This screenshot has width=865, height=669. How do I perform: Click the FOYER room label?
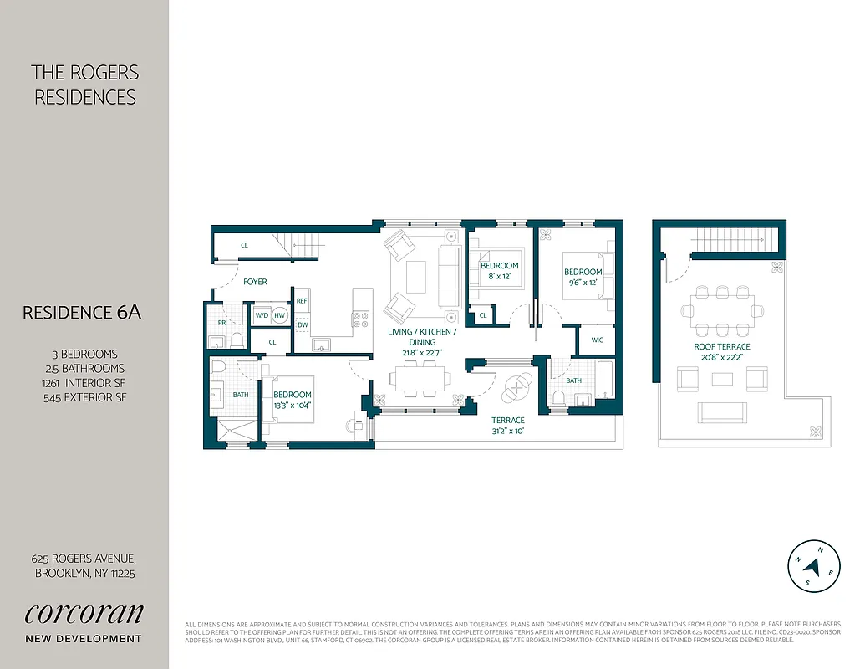[x=255, y=282]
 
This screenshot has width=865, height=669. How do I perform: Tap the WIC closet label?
[x=597, y=340]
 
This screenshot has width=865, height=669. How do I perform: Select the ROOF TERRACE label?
[x=721, y=346]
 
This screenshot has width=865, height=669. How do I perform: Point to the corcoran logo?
[x=84, y=613]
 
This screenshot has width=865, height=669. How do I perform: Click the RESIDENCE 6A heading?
[x=82, y=312]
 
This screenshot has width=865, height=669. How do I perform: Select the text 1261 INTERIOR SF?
[x=84, y=383]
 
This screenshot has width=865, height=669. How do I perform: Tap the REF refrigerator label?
[x=302, y=300]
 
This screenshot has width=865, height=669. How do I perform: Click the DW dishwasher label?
[x=302, y=324]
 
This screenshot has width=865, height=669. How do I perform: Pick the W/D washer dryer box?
[x=262, y=315]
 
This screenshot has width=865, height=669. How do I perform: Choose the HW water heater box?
[x=279, y=315]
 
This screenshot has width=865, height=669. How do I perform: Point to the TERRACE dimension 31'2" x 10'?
[x=507, y=432]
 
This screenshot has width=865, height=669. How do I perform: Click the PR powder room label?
[x=221, y=322]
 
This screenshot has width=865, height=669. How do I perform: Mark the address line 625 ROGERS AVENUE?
[x=84, y=559]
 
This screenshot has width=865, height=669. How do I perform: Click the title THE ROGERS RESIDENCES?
[x=84, y=84]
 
